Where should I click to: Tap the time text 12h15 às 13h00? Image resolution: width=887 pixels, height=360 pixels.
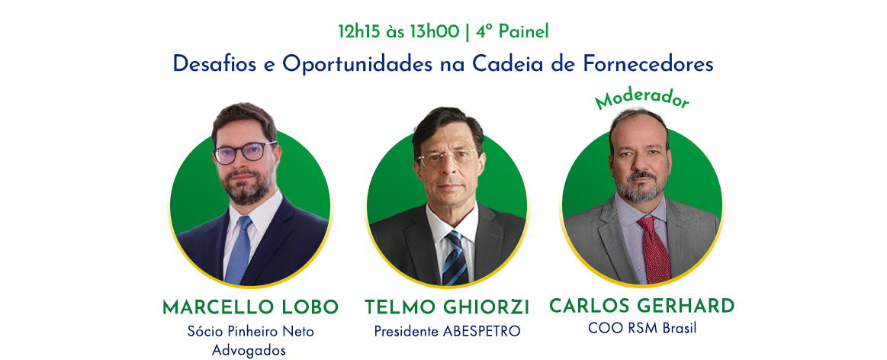(x=399, y=32)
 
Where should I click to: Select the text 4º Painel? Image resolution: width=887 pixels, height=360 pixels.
(x=513, y=32)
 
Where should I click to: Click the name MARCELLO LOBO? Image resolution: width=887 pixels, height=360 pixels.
(x=251, y=307)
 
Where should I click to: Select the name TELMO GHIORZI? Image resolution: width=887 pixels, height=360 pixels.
(x=447, y=307)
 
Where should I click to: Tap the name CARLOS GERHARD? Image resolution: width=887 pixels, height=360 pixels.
(x=642, y=306)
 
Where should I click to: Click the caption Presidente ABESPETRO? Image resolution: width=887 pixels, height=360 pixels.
(x=447, y=331)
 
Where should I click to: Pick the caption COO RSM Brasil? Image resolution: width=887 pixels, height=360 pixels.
(x=642, y=328)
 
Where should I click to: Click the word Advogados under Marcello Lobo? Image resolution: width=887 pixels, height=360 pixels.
(x=249, y=350)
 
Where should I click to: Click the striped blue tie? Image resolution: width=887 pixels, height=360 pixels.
(x=455, y=258)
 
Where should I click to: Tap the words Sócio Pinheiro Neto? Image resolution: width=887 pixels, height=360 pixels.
(x=251, y=331)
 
